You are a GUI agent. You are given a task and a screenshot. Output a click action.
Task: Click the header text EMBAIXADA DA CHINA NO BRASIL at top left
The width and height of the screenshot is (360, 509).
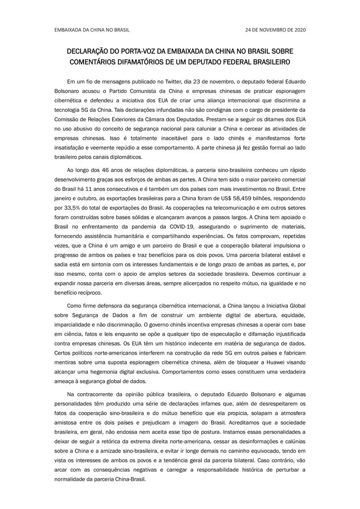click(x=92, y=30)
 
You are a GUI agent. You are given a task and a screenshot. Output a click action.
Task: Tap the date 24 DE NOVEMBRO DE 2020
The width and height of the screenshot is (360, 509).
click(x=275, y=30)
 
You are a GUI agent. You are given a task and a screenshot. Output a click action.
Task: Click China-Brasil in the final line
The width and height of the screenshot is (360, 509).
click(x=127, y=480)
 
